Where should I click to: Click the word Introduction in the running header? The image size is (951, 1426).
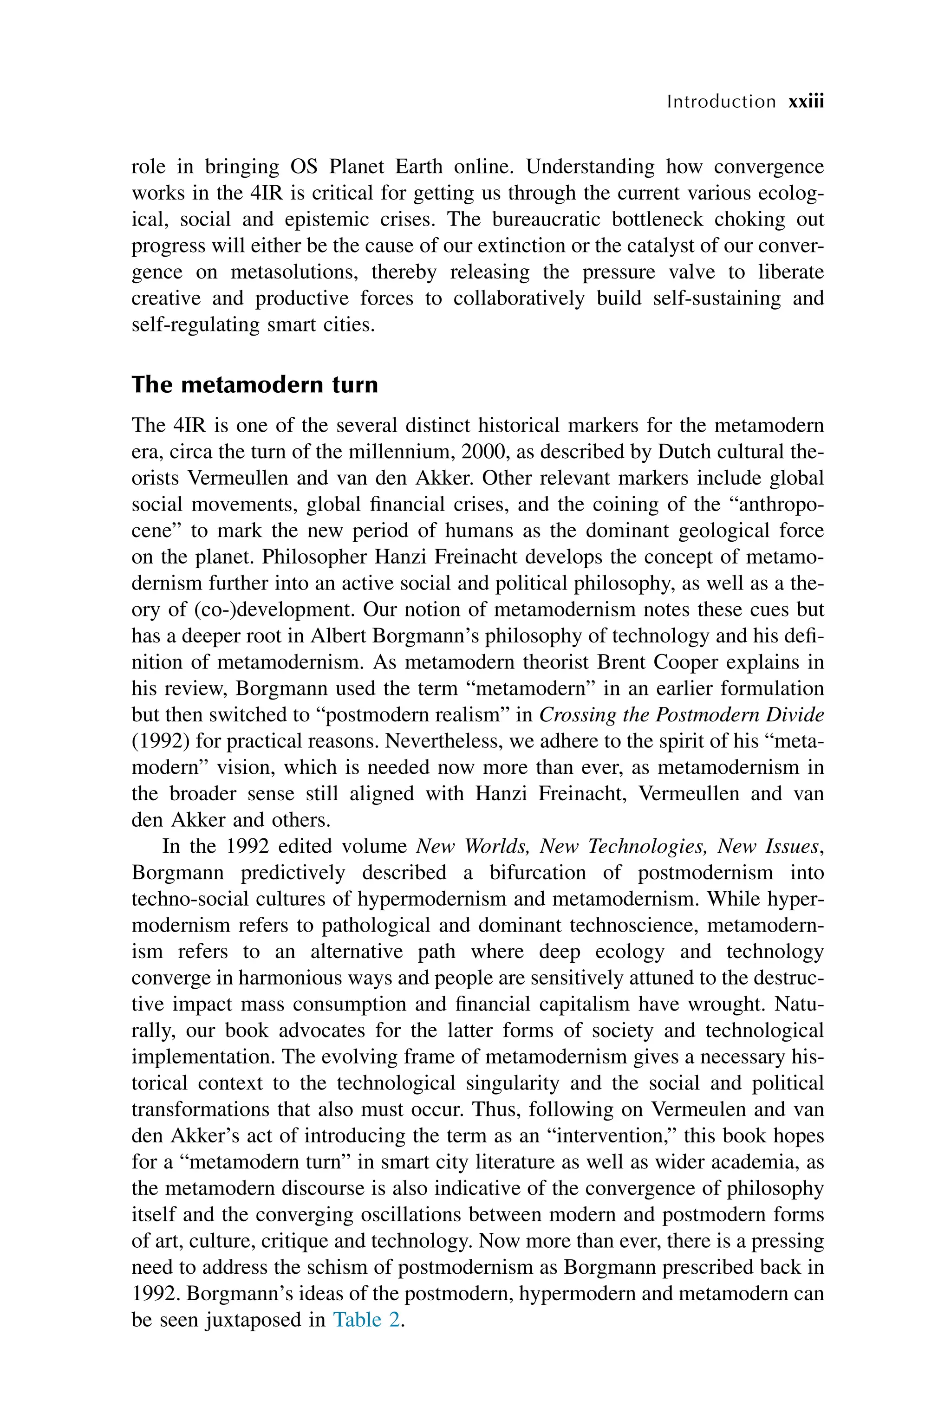721,101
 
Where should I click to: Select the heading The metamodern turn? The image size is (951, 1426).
255,384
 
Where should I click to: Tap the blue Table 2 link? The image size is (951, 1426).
367,1319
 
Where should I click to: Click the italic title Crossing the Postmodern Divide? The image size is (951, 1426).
681,714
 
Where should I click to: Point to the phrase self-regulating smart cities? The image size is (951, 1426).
253,324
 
